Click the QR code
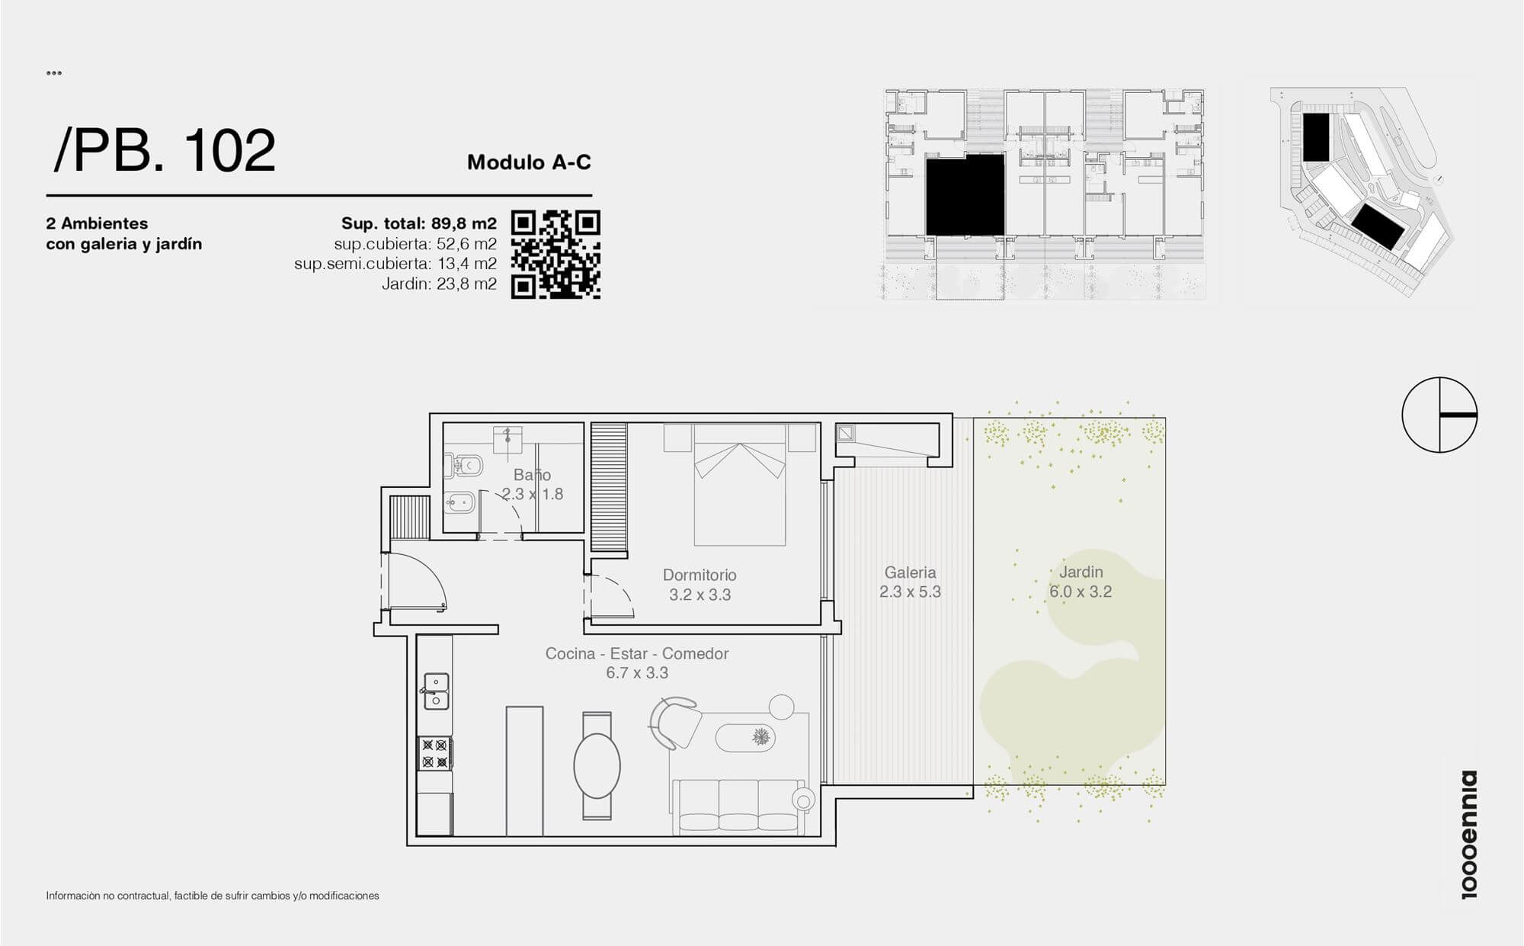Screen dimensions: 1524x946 [x=555, y=255]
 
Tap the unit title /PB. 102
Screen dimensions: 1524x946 [x=165, y=150]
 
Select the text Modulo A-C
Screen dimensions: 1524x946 [x=529, y=162]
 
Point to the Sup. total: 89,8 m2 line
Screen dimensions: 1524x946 [x=419, y=223]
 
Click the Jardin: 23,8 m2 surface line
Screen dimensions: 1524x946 [x=439, y=284]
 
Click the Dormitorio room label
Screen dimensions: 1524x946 [x=700, y=576]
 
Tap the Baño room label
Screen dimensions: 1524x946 [x=532, y=475]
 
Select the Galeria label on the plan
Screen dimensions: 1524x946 [x=910, y=572]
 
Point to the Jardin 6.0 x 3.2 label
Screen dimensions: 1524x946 [x=1081, y=582]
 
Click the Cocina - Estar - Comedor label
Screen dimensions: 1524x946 [x=637, y=654]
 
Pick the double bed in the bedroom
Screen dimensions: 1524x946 [x=739, y=485]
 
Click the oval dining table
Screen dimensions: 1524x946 [x=597, y=766]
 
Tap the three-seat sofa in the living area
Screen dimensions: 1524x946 [x=738, y=805]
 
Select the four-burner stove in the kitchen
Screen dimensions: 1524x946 [x=435, y=752]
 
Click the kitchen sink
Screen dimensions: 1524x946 [x=436, y=691]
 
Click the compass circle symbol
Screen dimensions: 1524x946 [x=1439, y=415]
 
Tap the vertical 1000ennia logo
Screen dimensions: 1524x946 [x=1468, y=835]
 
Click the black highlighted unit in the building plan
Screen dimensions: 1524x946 [x=965, y=194]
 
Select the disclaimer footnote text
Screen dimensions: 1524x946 [x=213, y=896]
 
